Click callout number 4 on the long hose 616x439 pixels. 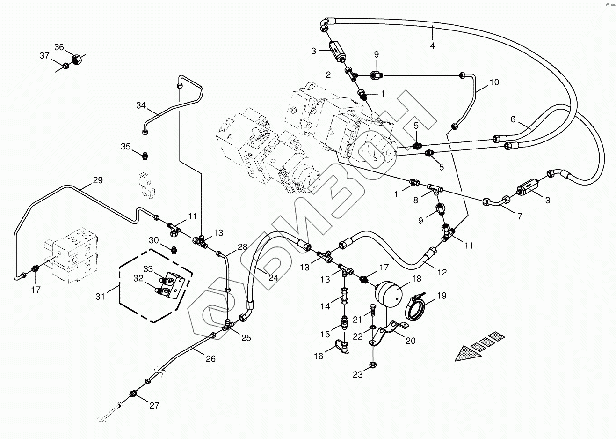tap(432, 46)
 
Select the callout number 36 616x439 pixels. tap(59, 47)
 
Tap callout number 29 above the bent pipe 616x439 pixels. tap(97, 180)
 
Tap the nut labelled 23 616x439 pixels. tap(373, 364)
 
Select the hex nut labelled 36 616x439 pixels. tap(76, 60)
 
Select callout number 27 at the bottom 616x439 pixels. tap(154, 406)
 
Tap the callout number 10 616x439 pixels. tap(494, 82)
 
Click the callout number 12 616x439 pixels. tap(442, 272)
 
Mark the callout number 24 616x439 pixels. tap(273, 277)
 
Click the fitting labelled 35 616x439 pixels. tap(145, 154)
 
